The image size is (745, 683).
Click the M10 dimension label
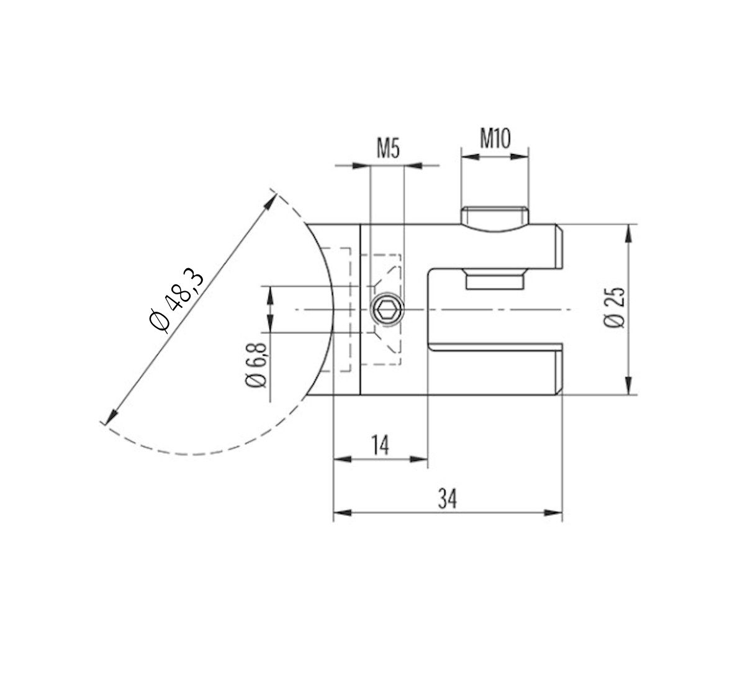pos(495,138)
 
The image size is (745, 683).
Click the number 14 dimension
pos(381,445)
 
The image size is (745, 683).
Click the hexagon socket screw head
pos(386,309)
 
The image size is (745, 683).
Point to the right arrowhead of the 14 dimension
pos(420,459)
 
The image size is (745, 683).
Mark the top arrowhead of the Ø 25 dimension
pos(629,233)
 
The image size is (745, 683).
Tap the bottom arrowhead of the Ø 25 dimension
pos(629,385)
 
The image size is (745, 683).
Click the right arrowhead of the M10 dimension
pos(520,157)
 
